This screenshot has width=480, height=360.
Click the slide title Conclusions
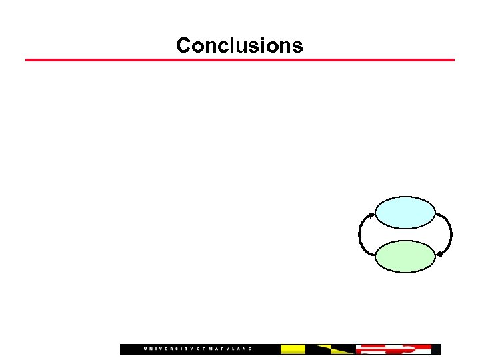pos(239,45)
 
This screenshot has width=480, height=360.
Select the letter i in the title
pos(265,45)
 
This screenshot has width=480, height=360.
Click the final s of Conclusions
pos(297,47)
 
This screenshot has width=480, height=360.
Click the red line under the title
pos(240,60)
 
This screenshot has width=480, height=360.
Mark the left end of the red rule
pos(27,60)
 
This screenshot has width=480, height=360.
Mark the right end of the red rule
pos(453,60)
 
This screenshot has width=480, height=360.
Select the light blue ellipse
pos(405,213)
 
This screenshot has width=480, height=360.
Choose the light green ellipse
pos(405,257)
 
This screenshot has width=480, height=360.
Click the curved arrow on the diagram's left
pos(361,235)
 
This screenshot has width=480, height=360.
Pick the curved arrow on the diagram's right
pos(449,235)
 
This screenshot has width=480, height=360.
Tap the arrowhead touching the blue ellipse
pos(372,215)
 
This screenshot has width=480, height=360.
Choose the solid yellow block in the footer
pos(293,349)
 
